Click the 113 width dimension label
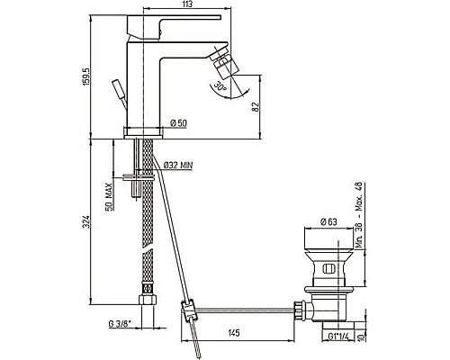(187, 4)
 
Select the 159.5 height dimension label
(87, 76)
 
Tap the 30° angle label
(220, 86)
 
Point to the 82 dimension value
(256, 107)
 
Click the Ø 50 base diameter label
(178, 123)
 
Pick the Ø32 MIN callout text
(178, 165)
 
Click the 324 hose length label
(87, 221)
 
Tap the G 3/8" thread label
(120, 324)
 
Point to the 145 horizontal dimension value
(234, 333)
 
